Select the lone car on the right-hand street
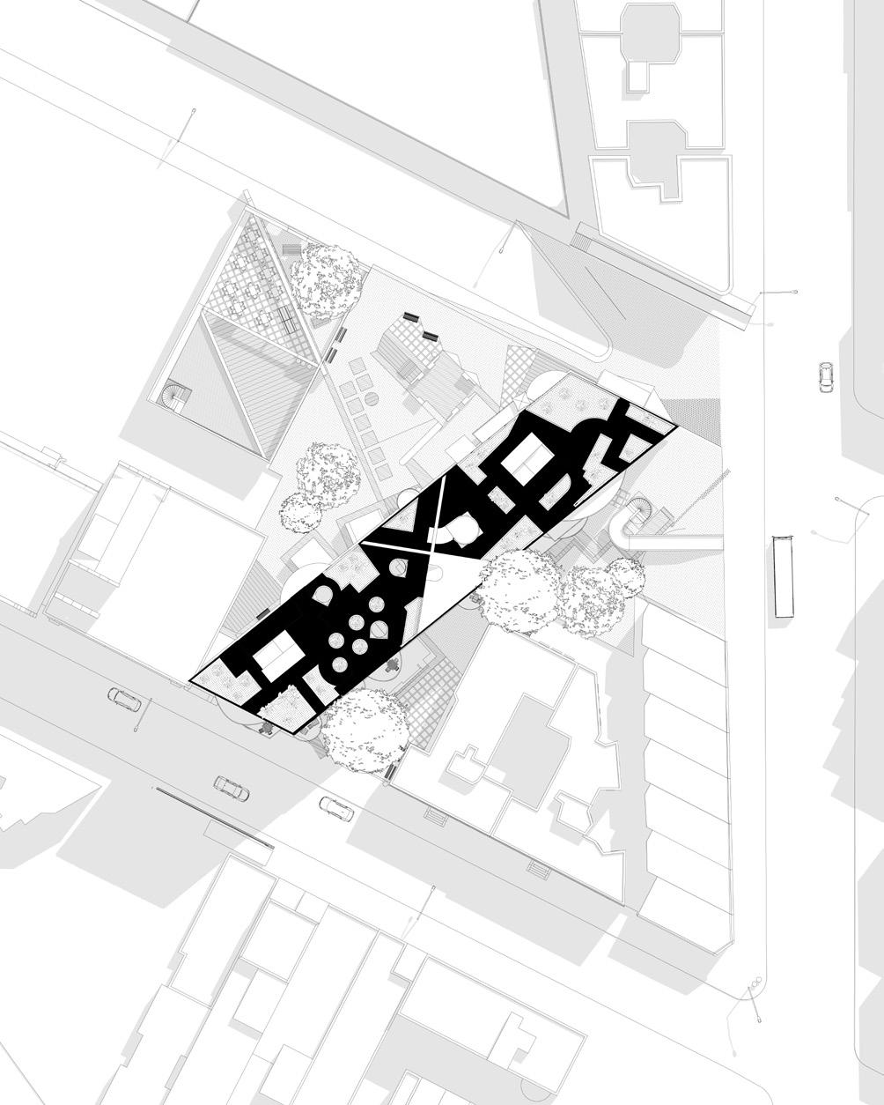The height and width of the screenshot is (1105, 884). click(825, 377)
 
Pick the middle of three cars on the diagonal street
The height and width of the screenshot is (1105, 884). click(232, 788)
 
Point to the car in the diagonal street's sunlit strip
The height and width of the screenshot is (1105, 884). click(336, 808)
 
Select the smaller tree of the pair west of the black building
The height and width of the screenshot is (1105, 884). click(300, 510)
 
